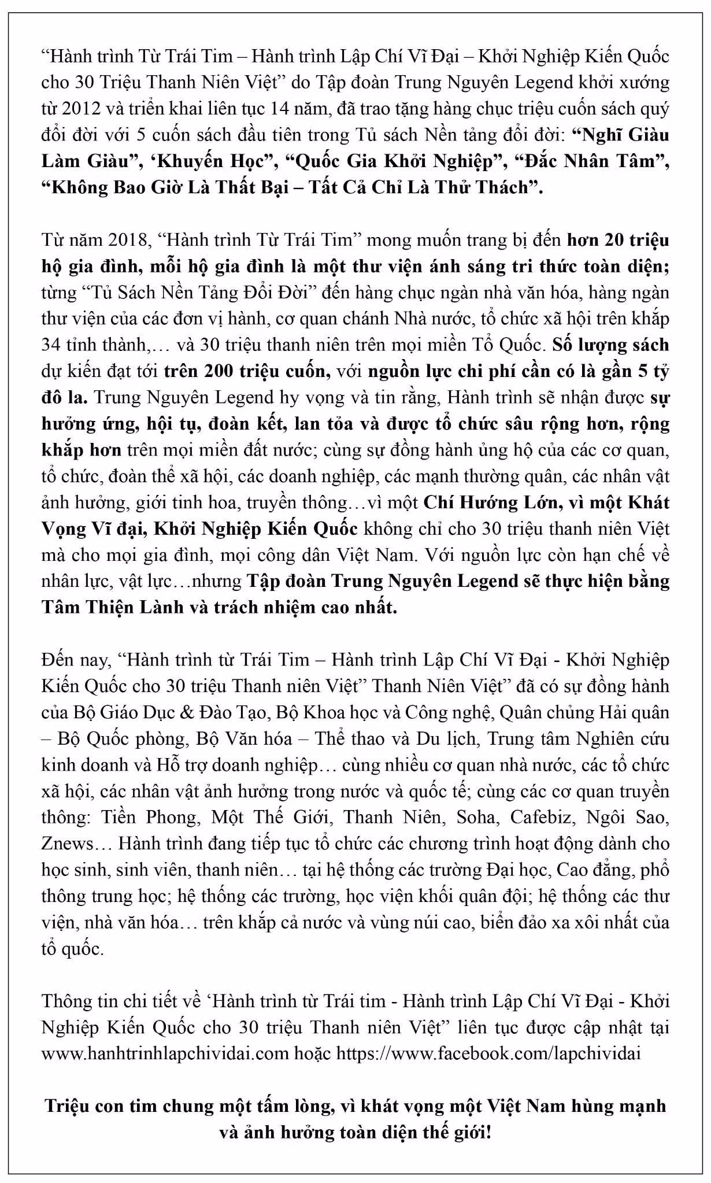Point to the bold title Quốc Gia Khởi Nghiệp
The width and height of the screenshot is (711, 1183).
pyautogui.click(x=398, y=161)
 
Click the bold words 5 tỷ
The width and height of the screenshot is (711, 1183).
pyautogui.click(x=653, y=371)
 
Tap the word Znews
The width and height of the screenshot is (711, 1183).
pyautogui.click(x=67, y=844)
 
